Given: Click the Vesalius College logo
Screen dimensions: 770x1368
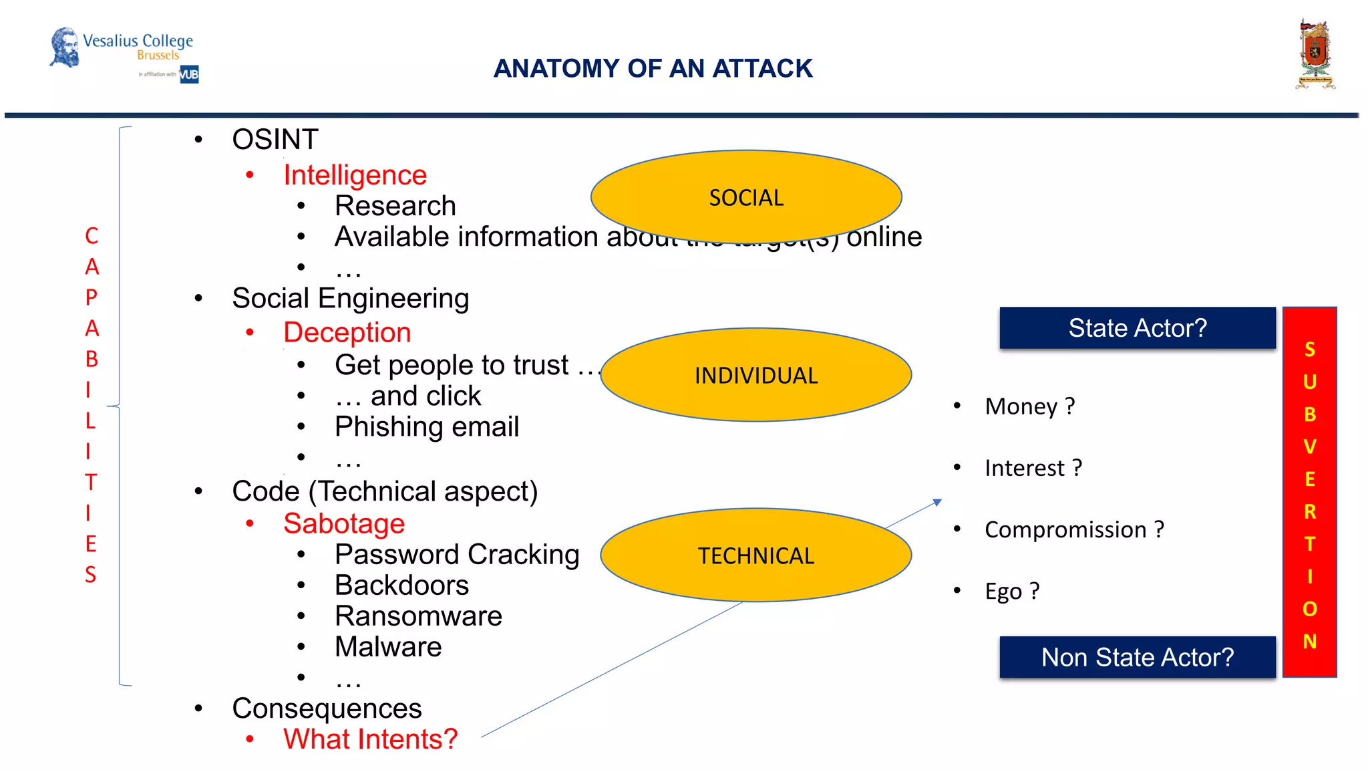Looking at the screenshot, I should coord(124,53).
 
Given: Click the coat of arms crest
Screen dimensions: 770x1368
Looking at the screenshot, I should coord(1315,55).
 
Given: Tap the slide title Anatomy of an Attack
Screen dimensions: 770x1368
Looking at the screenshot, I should coord(653,68).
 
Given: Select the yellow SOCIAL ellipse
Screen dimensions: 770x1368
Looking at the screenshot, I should coord(746,197).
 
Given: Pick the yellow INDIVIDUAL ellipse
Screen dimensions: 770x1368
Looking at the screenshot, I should coord(755,375).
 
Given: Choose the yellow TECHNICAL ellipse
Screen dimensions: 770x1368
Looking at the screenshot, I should coord(755,555).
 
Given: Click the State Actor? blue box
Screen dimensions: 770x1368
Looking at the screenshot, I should coord(1137,328).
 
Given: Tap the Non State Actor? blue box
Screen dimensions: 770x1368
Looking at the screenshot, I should coord(1137,657).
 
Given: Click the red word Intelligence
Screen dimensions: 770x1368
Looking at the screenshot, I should coord(355,175).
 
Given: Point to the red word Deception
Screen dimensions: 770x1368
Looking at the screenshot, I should coord(347,332).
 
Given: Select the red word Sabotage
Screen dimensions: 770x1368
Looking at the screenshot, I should coord(343,523).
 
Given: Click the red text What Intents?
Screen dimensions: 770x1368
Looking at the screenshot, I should coord(370,739).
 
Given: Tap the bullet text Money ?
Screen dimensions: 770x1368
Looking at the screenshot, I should coord(1029,406).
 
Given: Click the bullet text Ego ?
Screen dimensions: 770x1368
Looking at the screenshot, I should coord(1011,592).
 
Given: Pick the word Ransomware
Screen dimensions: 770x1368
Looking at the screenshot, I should coord(418,616).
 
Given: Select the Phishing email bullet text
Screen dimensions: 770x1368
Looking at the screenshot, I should coord(426,426).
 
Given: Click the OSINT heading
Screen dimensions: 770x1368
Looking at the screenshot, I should coord(275,140).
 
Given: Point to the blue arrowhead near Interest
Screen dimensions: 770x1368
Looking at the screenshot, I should coord(937,502).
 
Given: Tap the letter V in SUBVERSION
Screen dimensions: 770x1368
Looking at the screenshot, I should coord(1309,446).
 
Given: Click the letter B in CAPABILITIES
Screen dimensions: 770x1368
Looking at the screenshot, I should coord(92,359).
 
